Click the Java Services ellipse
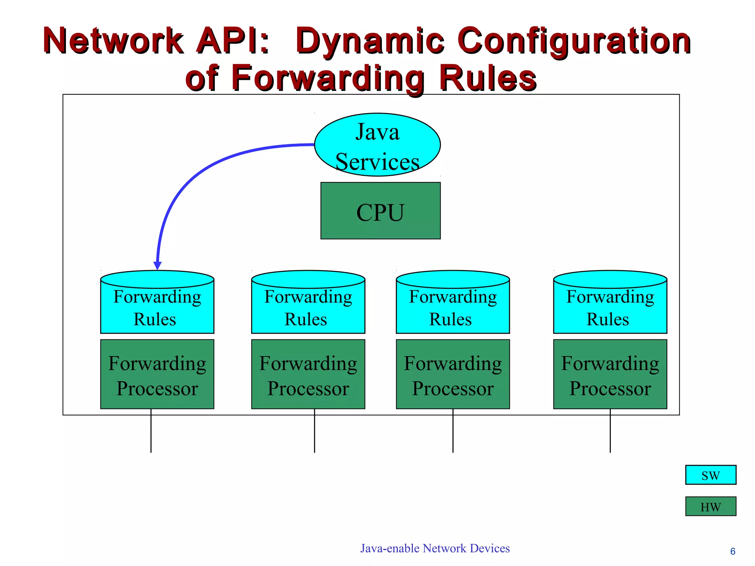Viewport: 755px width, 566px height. pos(377,145)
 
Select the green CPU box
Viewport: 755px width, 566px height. pos(380,211)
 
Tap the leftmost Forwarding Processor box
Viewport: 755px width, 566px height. pos(157,374)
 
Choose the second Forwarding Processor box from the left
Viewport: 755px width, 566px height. pos(308,374)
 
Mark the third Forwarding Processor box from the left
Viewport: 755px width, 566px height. pos(453,374)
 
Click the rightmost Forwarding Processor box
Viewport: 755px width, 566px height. pos(610,374)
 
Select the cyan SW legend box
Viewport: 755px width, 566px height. pos(710,475)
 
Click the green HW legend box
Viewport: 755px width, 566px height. pos(710,506)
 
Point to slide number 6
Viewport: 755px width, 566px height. pos(733,551)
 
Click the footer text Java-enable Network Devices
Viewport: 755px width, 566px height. pos(435,548)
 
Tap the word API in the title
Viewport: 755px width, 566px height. pos(232,41)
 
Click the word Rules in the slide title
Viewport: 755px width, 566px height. pos(487,78)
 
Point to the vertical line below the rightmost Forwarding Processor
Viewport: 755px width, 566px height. pos(610,431)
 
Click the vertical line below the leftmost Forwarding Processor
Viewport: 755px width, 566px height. pos(151,431)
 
